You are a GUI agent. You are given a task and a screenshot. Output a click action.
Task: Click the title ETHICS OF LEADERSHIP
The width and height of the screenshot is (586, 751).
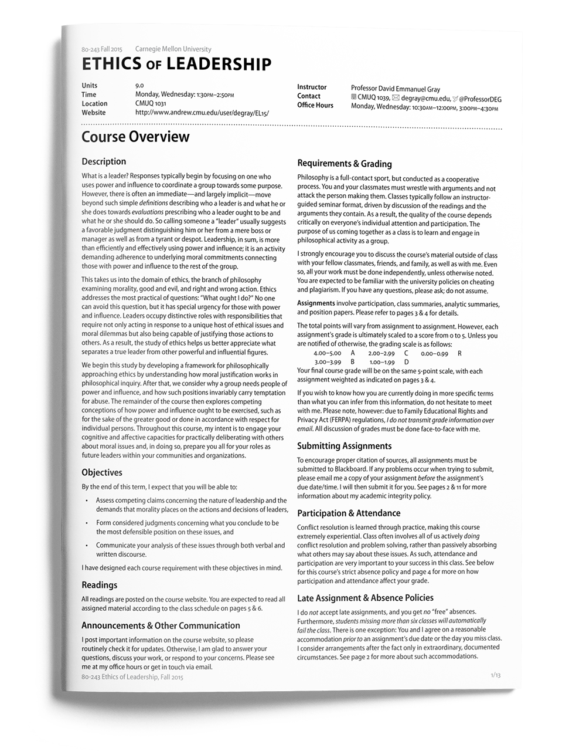176,64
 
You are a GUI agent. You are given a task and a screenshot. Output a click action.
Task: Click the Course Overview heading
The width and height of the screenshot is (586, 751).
135,137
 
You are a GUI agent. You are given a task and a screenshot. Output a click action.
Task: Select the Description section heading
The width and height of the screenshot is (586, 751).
104,161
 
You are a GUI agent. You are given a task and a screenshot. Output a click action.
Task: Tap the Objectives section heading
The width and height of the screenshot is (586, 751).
102,472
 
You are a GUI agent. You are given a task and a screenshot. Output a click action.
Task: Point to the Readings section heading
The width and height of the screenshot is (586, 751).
99,585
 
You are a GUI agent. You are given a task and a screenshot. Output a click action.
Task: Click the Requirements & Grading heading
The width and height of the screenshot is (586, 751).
344,164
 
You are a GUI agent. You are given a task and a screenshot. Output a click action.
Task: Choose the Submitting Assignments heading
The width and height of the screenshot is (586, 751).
344,446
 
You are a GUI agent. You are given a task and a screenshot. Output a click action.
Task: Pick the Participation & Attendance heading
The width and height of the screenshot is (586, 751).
348,513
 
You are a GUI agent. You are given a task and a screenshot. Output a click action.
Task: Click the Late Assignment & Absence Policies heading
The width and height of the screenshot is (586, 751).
365,598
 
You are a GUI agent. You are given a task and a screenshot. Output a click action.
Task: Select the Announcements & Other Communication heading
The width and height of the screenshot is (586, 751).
161,625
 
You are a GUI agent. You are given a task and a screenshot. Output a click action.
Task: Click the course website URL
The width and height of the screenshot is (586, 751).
202,113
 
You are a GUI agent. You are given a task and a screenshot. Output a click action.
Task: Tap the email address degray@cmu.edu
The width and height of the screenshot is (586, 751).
425,99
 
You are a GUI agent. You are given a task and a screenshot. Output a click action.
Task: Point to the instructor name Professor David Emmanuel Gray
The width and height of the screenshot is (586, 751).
396,89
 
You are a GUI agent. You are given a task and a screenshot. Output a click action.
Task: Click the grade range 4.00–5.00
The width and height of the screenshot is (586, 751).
327,353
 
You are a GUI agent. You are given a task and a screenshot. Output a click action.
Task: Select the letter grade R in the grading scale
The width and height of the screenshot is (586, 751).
459,353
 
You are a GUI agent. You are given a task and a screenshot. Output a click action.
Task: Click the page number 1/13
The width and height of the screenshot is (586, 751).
496,675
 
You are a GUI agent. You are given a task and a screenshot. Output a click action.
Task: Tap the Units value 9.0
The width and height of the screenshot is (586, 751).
139,86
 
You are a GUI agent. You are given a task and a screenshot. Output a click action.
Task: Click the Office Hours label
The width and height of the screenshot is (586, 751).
315,106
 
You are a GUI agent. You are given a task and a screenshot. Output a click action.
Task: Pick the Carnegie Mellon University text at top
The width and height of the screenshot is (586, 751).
173,49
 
